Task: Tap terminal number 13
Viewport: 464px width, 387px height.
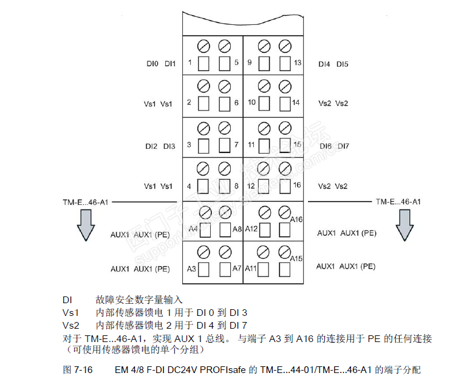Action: tap(297, 63)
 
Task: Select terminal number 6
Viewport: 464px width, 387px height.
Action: tap(236, 103)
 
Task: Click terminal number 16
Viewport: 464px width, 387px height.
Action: tap(297, 185)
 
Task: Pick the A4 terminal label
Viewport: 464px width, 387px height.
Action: tap(193, 228)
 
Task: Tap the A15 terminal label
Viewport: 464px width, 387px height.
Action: tap(296, 259)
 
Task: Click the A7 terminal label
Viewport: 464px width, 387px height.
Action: tap(237, 268)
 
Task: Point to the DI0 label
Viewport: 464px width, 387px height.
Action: tap(152, 63)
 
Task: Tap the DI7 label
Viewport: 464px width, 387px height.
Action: tap(343, 146)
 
